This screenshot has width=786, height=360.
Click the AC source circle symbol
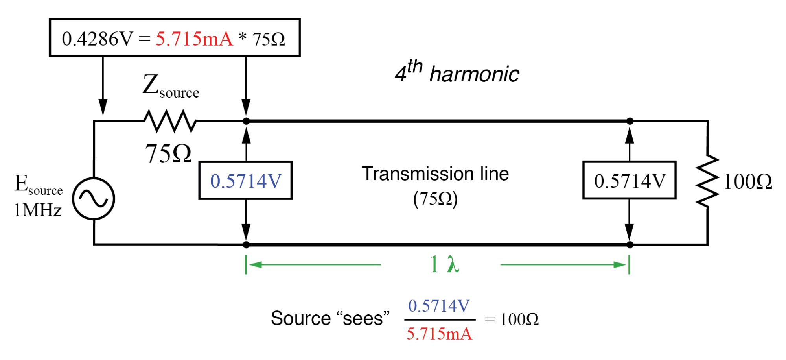94,198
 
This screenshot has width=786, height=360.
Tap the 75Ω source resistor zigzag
170,121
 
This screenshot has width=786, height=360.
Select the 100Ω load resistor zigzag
707,181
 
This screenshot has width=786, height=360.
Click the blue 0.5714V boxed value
245,181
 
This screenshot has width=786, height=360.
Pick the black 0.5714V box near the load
629,181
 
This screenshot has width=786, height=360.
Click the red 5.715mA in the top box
194,39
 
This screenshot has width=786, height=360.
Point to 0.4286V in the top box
98,39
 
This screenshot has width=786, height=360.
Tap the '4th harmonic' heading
457,72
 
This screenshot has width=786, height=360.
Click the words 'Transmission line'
435,174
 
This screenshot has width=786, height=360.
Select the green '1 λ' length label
444,264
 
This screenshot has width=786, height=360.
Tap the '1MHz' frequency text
38,210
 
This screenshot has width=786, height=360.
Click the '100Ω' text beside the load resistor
747,182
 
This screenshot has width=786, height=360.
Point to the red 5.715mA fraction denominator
439,334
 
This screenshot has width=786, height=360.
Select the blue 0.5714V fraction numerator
439,306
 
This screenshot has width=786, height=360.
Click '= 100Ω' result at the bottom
511,319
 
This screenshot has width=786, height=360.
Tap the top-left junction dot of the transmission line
246,121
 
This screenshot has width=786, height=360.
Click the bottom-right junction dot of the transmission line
630,245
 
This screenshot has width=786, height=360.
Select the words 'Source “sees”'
329,318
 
